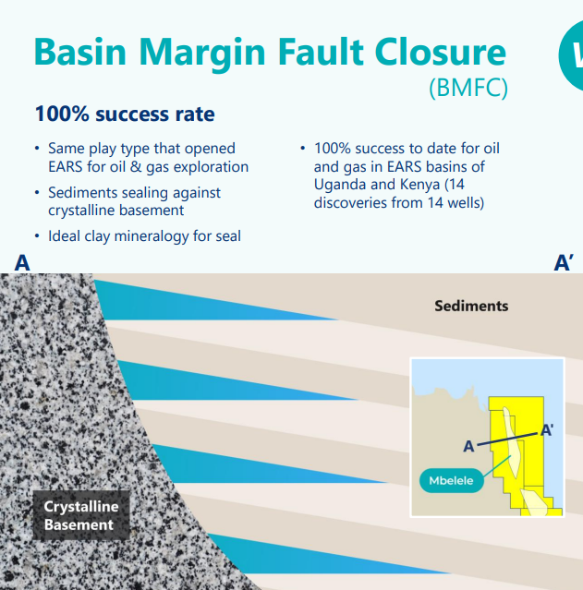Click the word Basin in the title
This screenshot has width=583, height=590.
(79, 52)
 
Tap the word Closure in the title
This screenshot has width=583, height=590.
(441, 52)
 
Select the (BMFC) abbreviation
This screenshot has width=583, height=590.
(468, 88)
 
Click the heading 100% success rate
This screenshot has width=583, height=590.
(125, 114)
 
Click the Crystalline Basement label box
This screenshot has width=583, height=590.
(81, 515)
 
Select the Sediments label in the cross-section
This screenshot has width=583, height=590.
(471, 306)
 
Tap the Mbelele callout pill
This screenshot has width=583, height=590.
(451, 480)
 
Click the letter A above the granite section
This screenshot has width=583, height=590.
(22, 262)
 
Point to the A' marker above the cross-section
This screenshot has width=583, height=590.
(564, 262)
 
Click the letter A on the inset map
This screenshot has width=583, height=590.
(468, 446)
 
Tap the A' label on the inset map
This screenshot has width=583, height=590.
(546, 430)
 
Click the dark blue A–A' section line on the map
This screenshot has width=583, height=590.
(507, 439)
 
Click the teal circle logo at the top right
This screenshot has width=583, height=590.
(572, 55)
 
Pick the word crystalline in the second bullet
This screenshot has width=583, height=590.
(82, 211)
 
